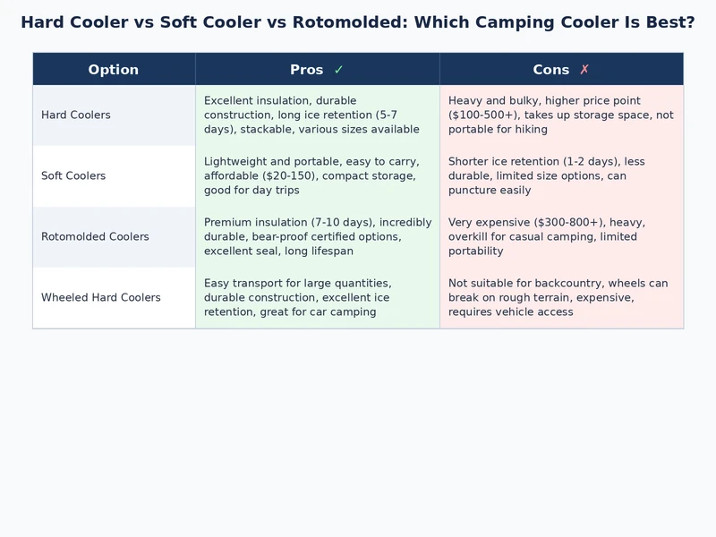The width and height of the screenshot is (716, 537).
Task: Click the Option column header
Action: (x=114, y=70)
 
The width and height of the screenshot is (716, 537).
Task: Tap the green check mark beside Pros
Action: (x=338, y=70)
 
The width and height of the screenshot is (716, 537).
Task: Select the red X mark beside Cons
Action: (x=584, y=70)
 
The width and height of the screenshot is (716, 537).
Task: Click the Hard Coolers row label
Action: (x=76, y=115)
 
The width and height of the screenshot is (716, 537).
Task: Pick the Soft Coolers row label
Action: (x=73, y=176)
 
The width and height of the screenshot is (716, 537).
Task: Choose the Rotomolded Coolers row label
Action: (x=95, y=237)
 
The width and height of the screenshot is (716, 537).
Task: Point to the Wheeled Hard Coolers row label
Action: (x=101, y=298)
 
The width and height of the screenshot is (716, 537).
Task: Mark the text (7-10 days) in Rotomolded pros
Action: (x=344, y=223)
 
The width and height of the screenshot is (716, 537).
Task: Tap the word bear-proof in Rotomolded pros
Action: (x=274, y=237)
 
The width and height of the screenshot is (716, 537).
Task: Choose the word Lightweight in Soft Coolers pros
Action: (x=235, y=162)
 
